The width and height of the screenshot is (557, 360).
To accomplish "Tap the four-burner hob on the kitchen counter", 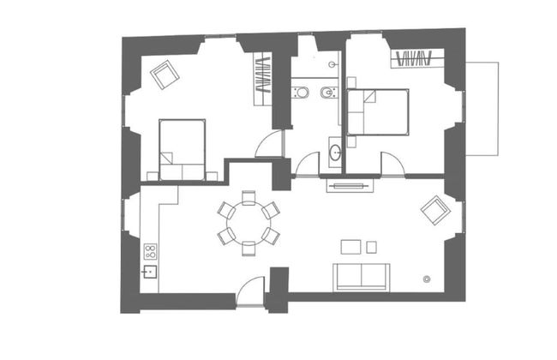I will tap(150, 252).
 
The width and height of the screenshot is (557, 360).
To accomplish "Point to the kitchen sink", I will tap(149, 273).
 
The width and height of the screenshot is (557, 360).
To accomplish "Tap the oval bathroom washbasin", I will tap(335, 153).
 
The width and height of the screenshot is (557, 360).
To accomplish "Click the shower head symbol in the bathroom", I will tap(331, 64).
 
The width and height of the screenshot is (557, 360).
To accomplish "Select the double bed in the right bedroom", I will tap(377, 111).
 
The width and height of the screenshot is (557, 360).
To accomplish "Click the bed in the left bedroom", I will tap(183, 149).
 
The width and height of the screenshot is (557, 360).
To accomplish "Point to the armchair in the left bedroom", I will tap(164, 75).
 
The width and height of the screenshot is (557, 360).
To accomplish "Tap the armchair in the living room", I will tap(435, 208).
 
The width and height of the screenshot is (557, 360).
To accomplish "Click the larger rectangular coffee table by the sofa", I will tap(350, 247).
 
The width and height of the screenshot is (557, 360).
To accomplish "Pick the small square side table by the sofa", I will tap(371, 247).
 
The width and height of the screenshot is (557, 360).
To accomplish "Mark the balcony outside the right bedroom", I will tap(482, 108).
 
